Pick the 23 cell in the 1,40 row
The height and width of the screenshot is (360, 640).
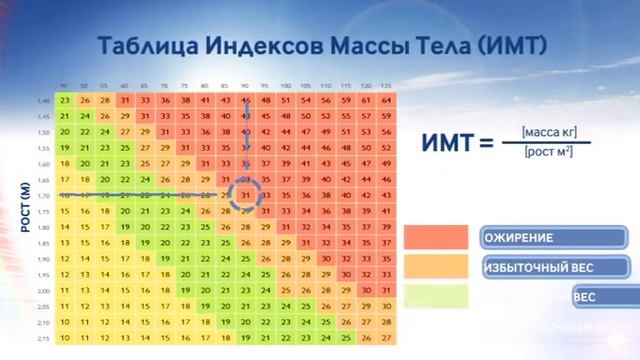[65, 100]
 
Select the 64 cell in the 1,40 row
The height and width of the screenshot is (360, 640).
[387, 100]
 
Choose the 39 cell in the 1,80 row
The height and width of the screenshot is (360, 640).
[387, 227]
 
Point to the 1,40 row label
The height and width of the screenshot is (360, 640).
[43, 100]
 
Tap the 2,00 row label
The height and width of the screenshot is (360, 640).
[43, 290]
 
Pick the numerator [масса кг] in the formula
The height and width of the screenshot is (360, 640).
[549, 131]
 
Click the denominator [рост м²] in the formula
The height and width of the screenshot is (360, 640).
[549, 152]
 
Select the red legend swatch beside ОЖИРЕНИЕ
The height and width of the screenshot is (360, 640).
[438, 238]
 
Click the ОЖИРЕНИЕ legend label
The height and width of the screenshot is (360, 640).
[519, 238]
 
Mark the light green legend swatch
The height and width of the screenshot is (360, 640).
[438, 296]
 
